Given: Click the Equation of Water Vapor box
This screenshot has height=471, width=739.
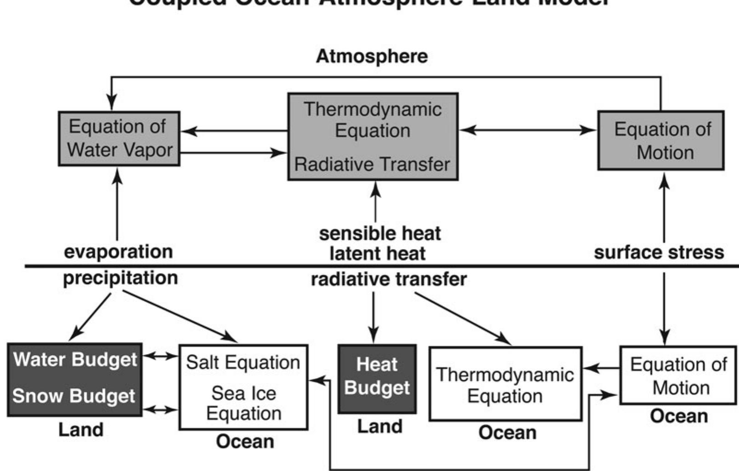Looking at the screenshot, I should (x=119, y=138).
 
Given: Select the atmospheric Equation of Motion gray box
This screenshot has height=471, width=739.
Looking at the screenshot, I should (x=661, y=140).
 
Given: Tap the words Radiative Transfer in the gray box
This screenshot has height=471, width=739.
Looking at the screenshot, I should (x=372, y=164).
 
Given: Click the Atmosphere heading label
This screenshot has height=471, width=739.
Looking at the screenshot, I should (x=372, y=56).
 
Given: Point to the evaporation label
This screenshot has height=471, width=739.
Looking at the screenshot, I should (x=118, y=251).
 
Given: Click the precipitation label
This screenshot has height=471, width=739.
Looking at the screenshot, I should (x=120, y=278).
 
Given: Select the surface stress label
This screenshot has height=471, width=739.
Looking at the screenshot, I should (x=658, y=252).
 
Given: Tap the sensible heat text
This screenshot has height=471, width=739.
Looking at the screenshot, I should (x=380, y=233).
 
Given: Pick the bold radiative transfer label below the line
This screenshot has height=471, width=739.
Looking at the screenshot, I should (x=389, y=279).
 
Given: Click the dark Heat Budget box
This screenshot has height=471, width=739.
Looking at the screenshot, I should (x=377, y=378).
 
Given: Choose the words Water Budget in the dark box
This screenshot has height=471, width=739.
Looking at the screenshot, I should (x=75, y=360).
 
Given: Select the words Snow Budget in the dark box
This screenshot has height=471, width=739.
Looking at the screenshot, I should (x=74, y=396).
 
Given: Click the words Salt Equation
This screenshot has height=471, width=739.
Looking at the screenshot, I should (x=243, y=363).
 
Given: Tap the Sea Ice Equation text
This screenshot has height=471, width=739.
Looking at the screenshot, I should (x=243, y=403).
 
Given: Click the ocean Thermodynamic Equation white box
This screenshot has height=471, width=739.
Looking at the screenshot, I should (x=505, y=384).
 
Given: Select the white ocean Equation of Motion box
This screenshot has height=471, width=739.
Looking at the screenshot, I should (x=678, y=375).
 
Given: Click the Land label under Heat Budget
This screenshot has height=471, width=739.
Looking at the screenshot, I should (x=380, y=426).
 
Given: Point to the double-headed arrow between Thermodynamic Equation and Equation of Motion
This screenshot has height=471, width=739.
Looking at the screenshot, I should (x=527, y=130).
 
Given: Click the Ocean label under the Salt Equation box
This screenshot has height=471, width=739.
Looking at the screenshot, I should (x=245, y=442).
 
